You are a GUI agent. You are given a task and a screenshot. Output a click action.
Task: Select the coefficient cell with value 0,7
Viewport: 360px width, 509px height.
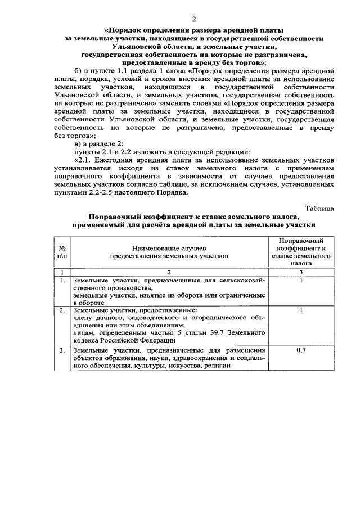[x=301, y=350]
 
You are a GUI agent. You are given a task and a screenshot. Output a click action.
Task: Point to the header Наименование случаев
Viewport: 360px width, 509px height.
[x=169, y=247]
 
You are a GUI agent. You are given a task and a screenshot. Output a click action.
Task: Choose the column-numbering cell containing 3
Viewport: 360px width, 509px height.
[x=301, y=272]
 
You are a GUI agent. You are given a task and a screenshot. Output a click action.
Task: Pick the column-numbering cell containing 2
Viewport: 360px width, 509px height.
[x=169, y=272]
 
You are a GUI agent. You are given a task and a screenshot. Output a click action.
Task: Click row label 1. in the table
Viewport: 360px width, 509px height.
[x=61, y=280]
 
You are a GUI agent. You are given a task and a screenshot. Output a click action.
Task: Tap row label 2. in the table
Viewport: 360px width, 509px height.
[x=61, y=310]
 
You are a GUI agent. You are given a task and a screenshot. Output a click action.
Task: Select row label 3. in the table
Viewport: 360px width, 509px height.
[x=61, y=350]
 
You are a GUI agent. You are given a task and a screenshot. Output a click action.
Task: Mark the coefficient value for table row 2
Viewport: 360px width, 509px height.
[x=301, y=310]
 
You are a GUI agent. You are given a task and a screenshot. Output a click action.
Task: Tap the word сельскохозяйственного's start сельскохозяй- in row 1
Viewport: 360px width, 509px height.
[x=242, y=280]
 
